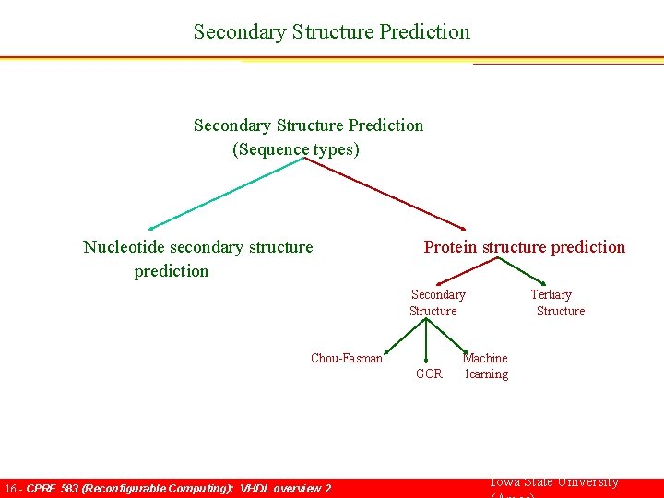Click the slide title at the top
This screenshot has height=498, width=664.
[x=331, y=31]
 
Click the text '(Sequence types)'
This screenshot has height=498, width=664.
[x=295, y=148]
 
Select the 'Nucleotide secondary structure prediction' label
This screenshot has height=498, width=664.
[x=197, y=258]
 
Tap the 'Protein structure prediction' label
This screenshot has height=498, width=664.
[x=524, y=246]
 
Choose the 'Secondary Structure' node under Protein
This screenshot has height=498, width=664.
[x=436, y=302]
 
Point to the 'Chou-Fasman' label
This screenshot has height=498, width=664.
[x=346, y=358]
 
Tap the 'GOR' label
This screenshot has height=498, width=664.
[x=429, y=373]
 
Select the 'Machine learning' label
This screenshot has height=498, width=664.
[x=485, y=365]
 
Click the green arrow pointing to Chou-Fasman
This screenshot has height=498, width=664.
[x=405, y=337]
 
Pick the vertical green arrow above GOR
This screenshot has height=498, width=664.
[x=425, y=341]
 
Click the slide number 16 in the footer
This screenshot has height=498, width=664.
[x=10, y=488]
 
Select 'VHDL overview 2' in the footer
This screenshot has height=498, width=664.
[x=285, y=488]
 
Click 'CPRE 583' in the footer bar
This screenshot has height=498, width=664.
[x=53, y=488]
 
